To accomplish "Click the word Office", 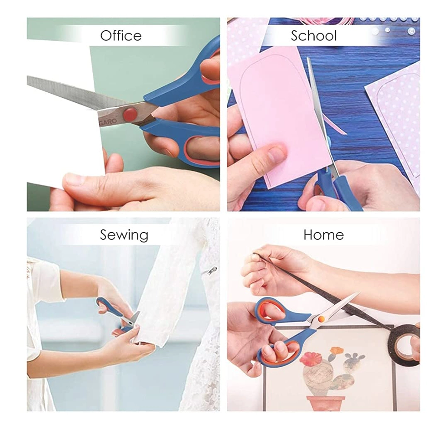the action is (x=121, y=36).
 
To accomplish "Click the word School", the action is (x=314, y=36).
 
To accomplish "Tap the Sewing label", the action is (x=124, y=235).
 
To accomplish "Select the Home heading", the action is (x=323, y=235).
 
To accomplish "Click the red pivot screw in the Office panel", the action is (x=130, y=114).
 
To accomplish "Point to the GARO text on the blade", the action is (x=108, y=121).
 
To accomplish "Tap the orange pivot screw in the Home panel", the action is (x=321, y=319).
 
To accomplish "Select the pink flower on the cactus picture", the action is (x=311, y=359).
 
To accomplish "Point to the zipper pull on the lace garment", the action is (x=212, y=271).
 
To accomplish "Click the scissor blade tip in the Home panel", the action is (x=359, y=293).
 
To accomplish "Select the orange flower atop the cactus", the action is (x=336, y=350).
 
